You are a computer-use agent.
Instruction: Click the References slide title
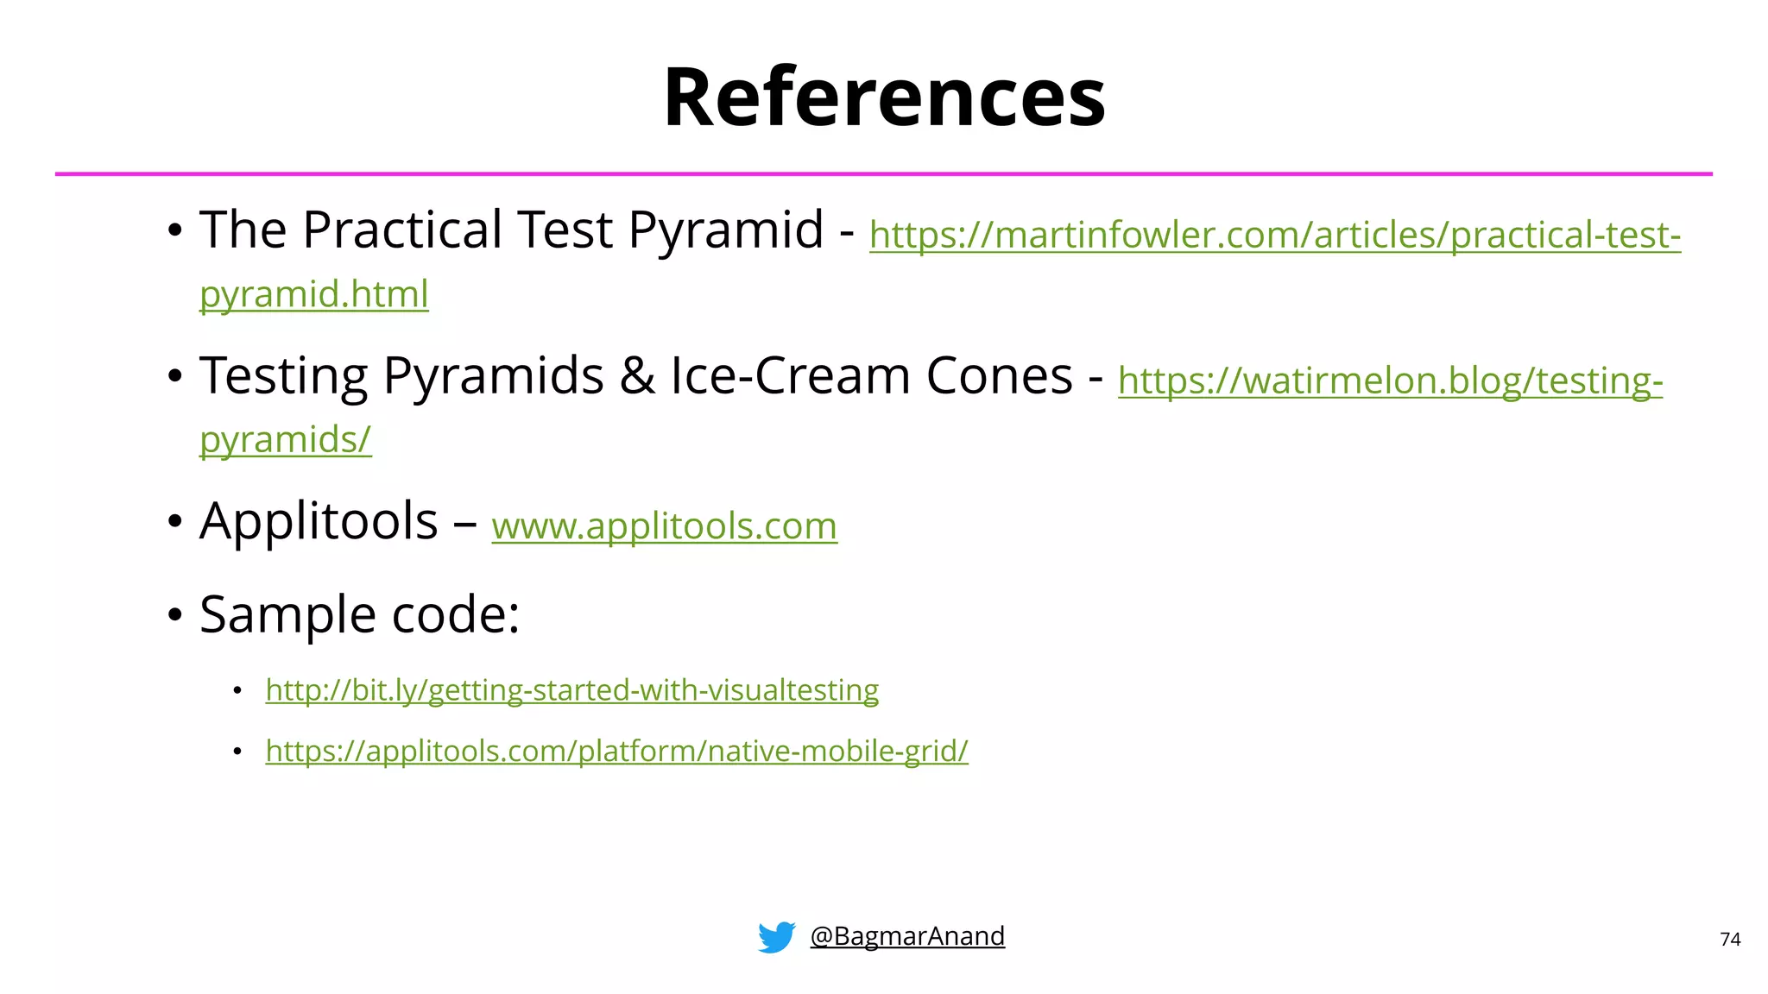pyautogui.click(x=884, y=97)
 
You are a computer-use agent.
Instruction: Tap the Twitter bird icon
pyautogui.click(x=776, y=936)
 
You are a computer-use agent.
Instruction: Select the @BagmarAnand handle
pyautogui.click(x=907, y=936)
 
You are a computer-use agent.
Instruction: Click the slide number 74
pyautogui.click(x=1730, y=940)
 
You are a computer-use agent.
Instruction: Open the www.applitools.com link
pyautogui.click(x=664, y=525)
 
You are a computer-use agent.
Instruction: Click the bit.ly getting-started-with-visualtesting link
pyautogui.click(x=571, y=690)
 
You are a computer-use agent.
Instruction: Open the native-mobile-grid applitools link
pyautogui.click(x=616, y=751)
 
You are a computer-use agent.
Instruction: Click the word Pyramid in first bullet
pyautogui.click(x=725, y=230)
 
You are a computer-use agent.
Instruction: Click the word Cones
pyautogui.click(x=999, y=376)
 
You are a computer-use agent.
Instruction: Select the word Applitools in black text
pyautogui.click(x=319, y=521)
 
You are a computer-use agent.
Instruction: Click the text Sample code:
pyautogui.click(x=359, y=614)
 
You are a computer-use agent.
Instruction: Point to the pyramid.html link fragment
pyautogui.click(x=313, y=294)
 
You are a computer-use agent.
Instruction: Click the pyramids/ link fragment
pyautogui.click(x=285, y=440)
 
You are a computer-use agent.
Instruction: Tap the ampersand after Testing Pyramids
pyautogui.click(x=637, y=376)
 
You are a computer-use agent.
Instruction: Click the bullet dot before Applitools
pyautogui.click(x=175, y=522)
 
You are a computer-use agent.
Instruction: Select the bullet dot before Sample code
pyautogui.click(x=175, y=616)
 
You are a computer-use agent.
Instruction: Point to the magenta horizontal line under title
pyautogui.click(x=884, y=174)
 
